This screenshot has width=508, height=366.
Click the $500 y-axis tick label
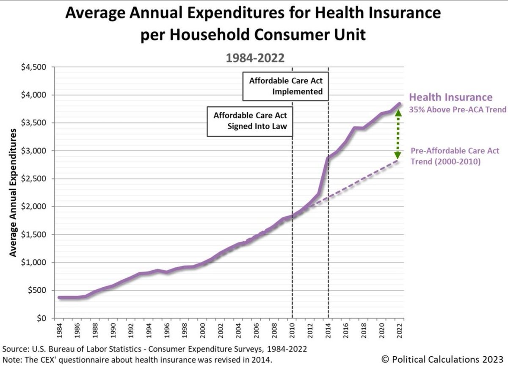41,291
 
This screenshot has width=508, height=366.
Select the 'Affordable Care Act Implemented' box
286,86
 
